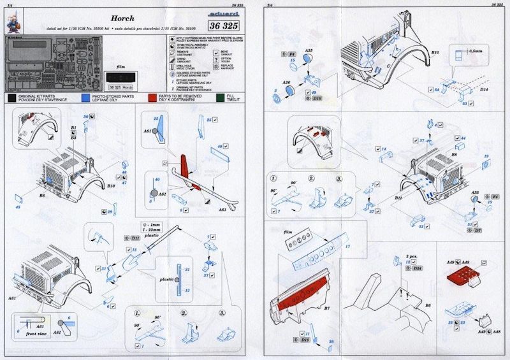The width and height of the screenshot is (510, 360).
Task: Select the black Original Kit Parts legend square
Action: [12, 98]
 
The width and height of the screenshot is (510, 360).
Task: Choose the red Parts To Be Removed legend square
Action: [152, 98]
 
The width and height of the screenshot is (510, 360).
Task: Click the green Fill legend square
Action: [220, 98]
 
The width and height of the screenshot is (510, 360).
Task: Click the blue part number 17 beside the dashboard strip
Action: [348, 246]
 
